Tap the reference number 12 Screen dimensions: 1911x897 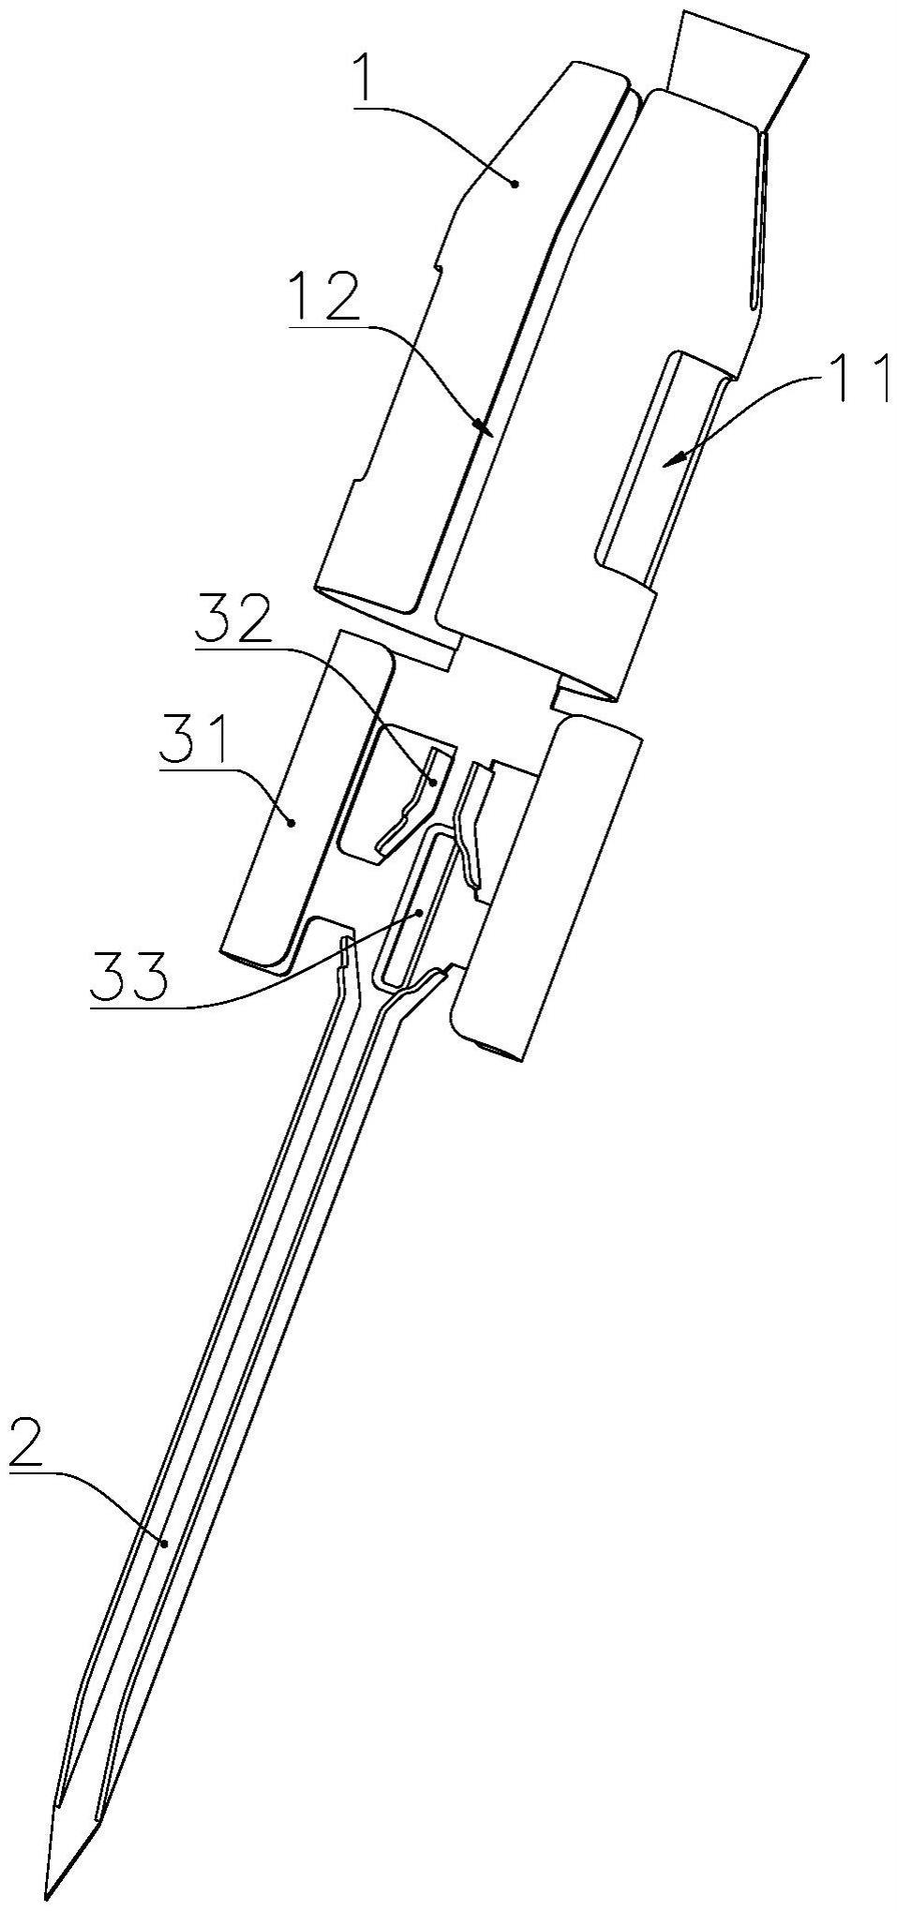[x=323, y=299]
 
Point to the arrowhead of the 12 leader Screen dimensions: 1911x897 [x=485, y=427]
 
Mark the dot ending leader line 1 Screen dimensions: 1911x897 [x=515, y=185]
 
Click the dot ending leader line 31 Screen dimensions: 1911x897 [x=292, y=822]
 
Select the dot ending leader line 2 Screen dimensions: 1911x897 [x=165, y=1543]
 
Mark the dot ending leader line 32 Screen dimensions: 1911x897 [x=434, y=780]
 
